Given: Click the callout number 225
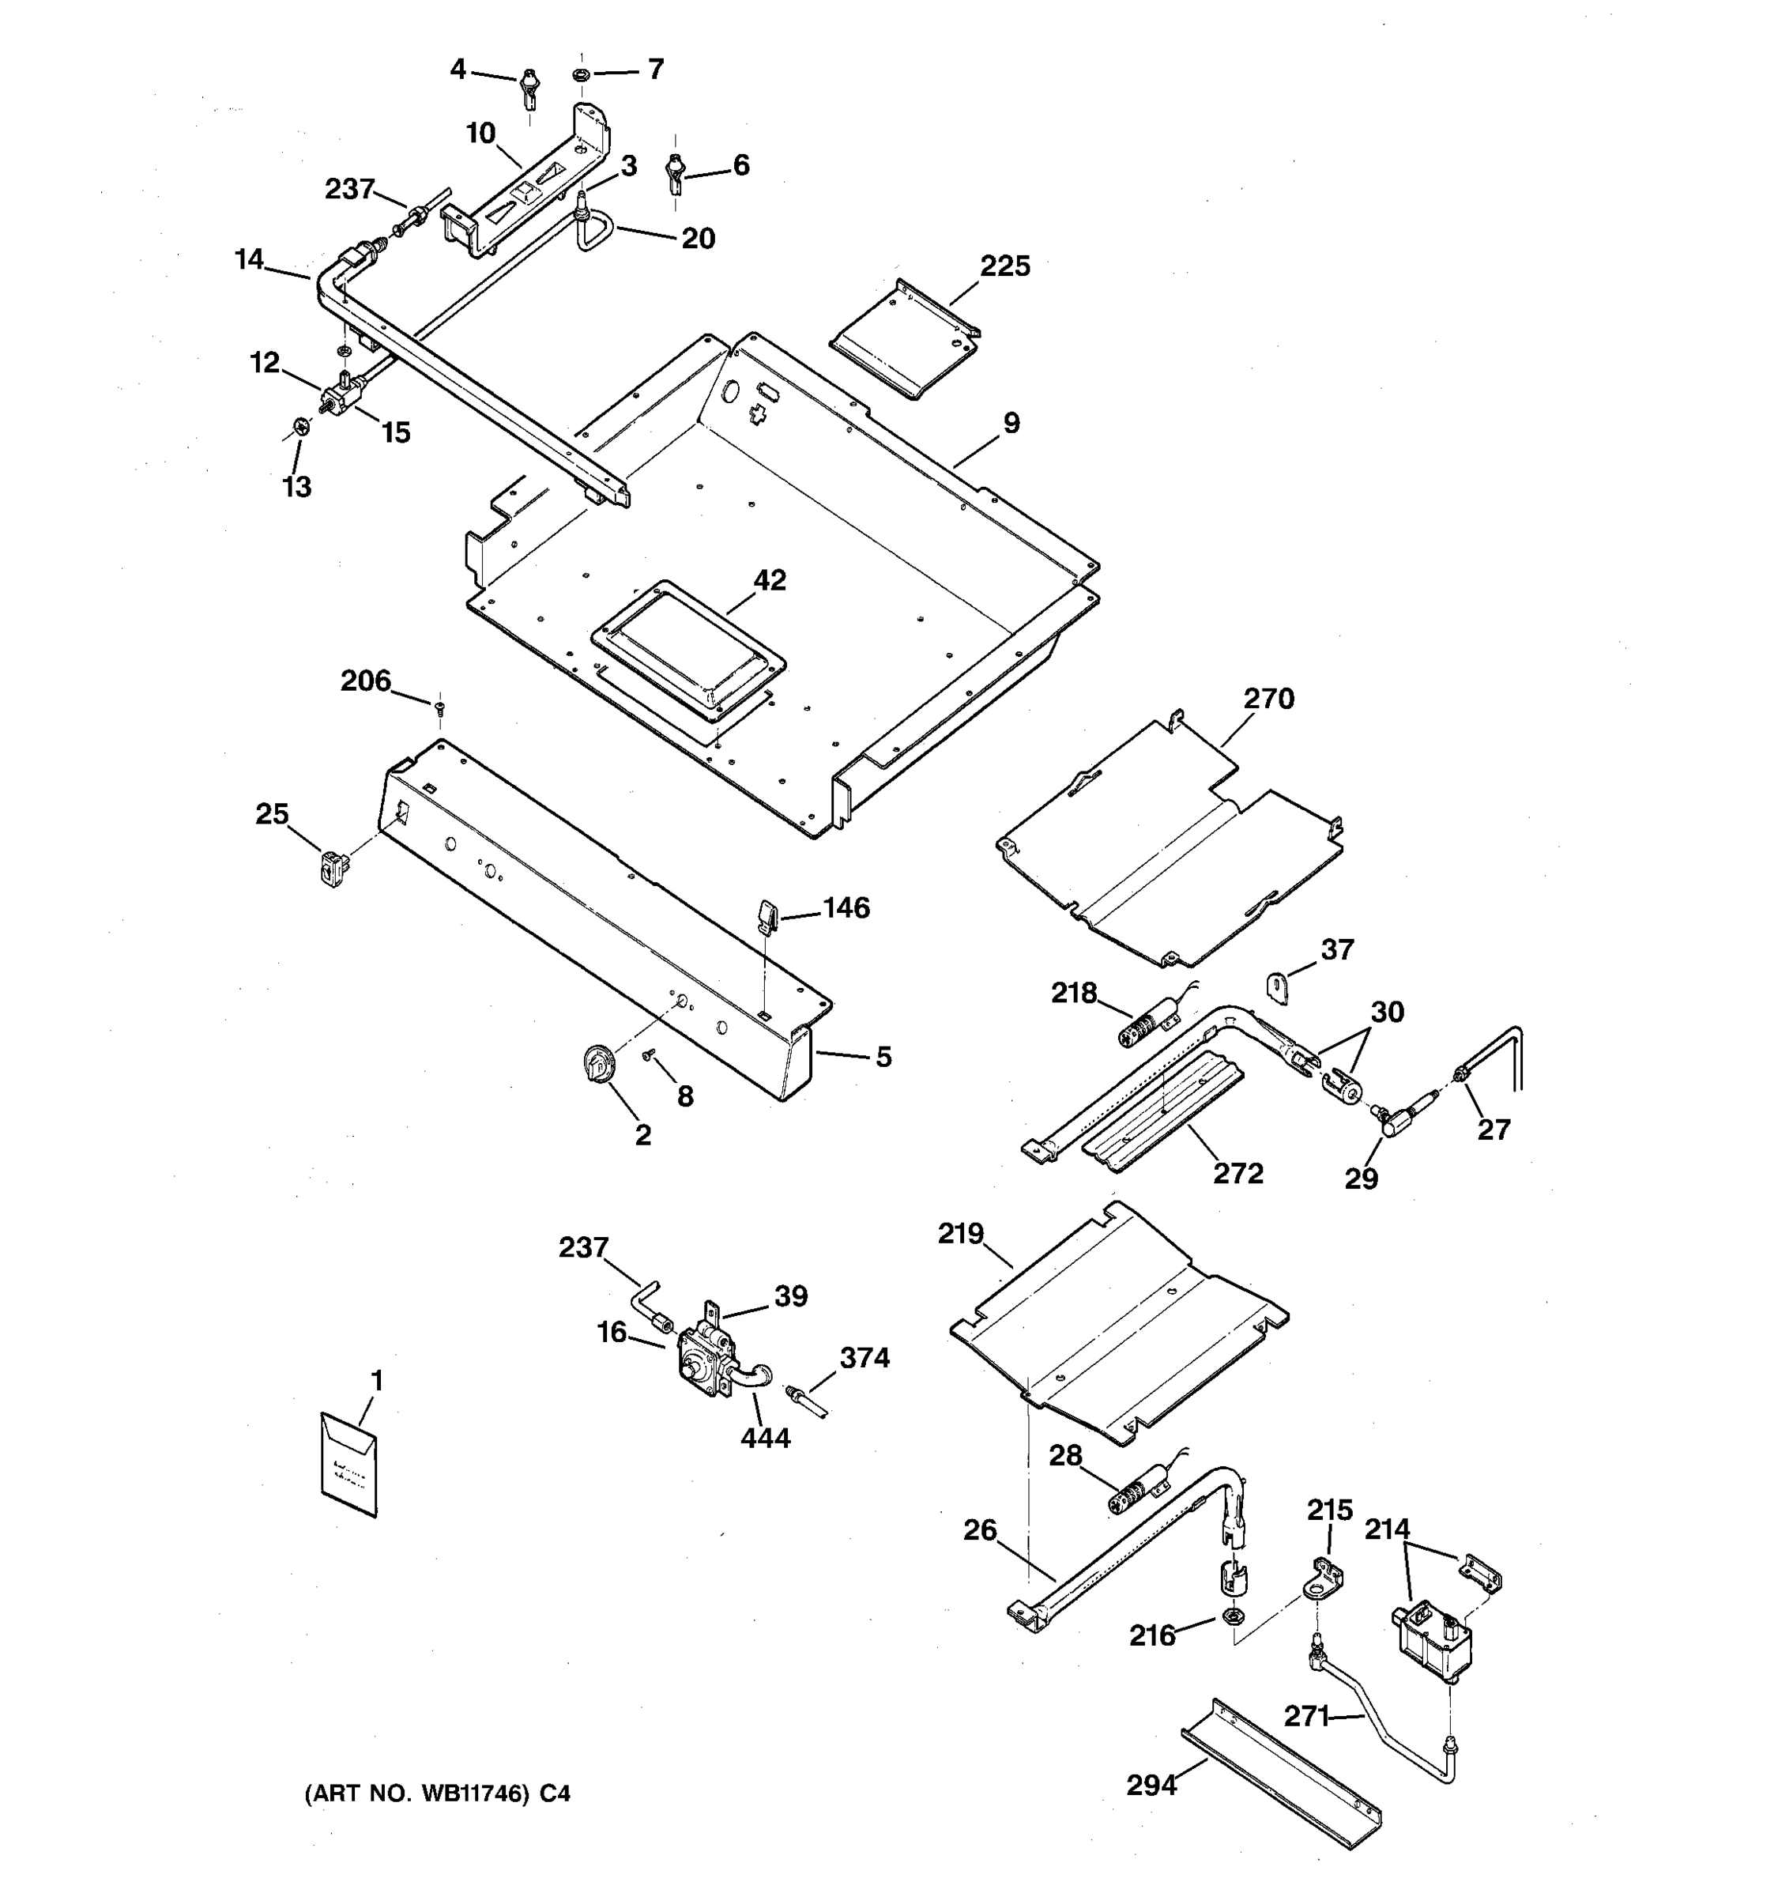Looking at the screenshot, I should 1004,266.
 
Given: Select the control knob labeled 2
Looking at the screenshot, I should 598,1063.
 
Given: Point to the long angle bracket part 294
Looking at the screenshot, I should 1281,1774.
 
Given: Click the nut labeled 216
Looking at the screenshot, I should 1231,1616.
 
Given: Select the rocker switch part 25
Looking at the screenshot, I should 332,869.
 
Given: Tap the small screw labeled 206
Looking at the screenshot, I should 439,708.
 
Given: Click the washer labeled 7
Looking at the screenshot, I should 582,74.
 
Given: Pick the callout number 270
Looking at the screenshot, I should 1268,699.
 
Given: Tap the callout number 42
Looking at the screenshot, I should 770,580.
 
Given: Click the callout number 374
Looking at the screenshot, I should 865,1357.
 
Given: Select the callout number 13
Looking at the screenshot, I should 296,487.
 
